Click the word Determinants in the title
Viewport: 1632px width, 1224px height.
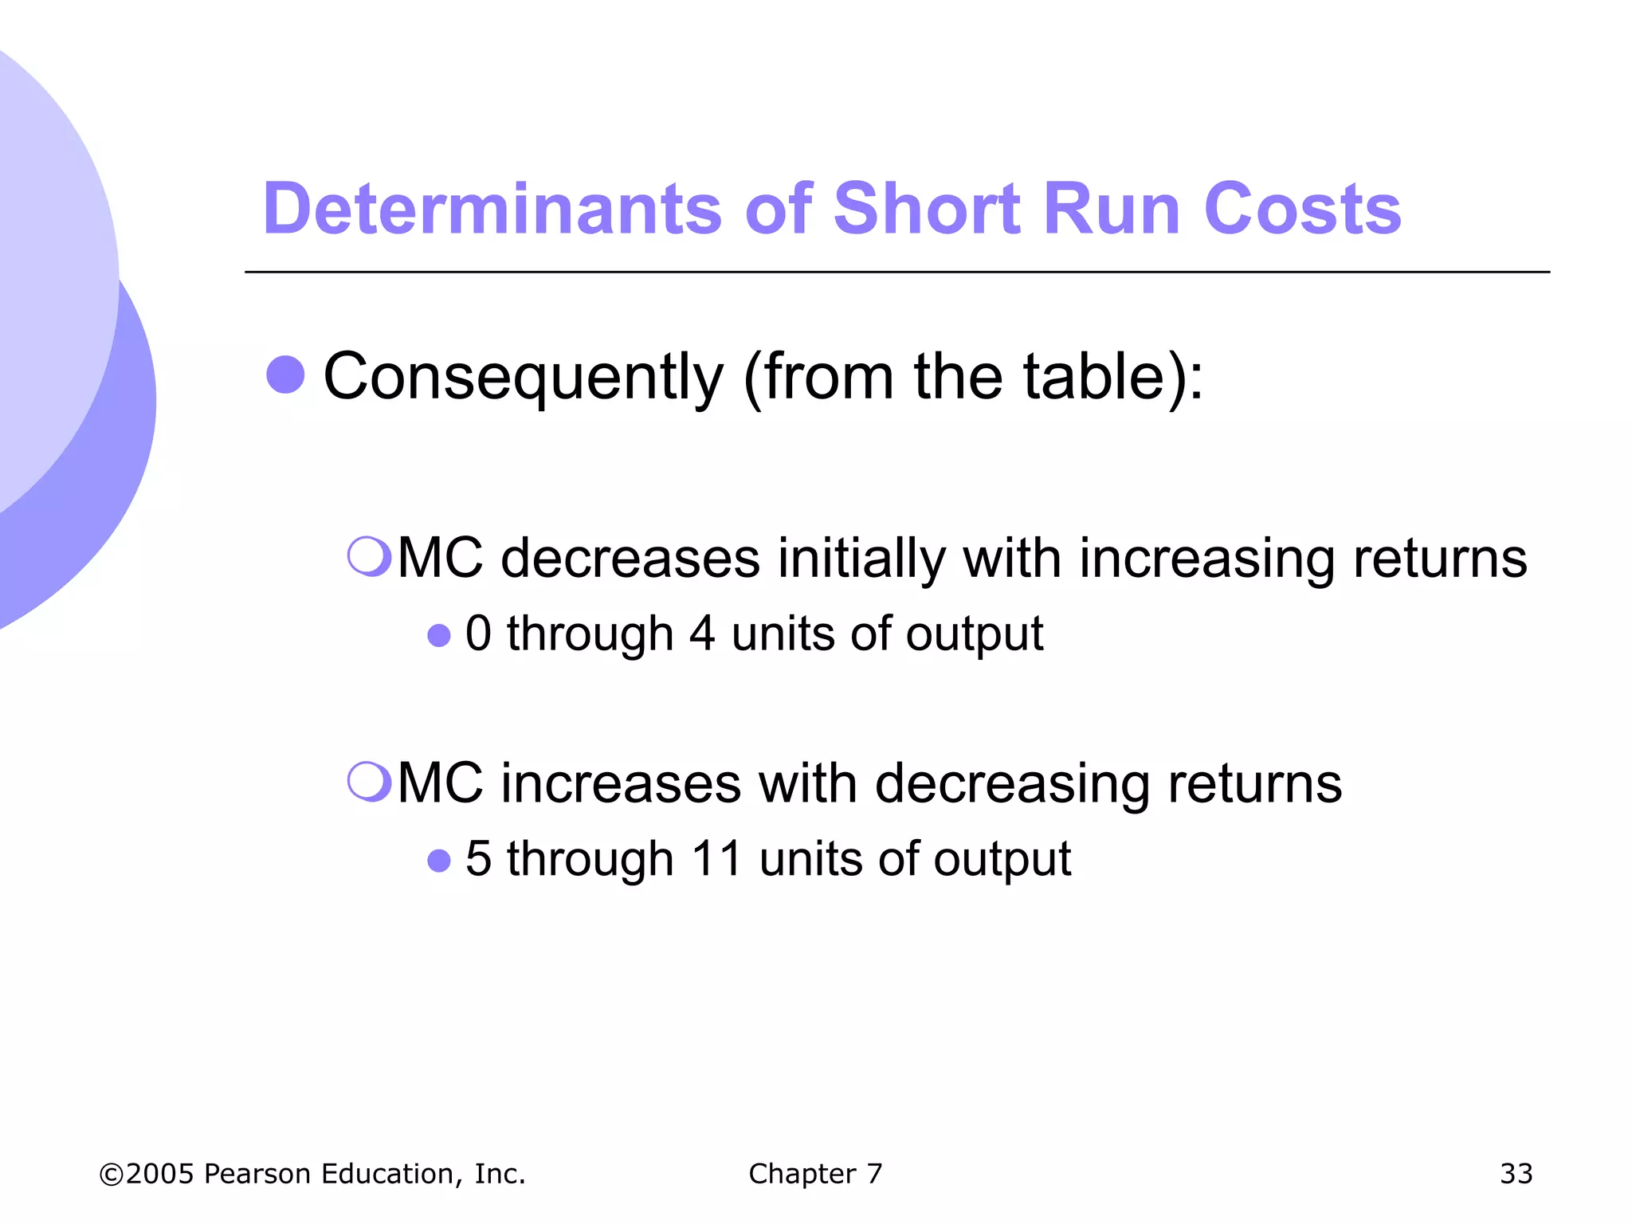(492, 209)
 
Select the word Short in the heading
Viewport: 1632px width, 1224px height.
(927, 209)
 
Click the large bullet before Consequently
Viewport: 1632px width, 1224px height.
(285, 375)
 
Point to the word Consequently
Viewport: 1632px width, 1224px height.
(524, 377)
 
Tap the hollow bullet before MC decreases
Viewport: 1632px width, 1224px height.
(369, 555)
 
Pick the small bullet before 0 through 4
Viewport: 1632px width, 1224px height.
(439, 635)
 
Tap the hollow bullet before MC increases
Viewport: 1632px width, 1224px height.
(369, 781)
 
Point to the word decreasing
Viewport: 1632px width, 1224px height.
(1012, 784)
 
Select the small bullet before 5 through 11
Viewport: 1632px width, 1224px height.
(439, 861)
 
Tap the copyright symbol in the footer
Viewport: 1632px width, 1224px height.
(111, 1175)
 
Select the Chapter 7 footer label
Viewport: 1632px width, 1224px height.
(815, 1174)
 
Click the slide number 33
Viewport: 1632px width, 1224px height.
(1516, 1174)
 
